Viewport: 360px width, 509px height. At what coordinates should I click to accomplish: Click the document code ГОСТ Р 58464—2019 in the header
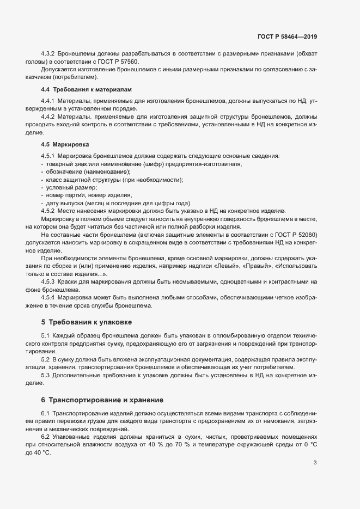point(287,37)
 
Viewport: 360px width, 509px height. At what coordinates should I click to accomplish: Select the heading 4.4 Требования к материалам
point(86,89)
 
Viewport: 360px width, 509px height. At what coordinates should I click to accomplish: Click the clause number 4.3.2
point(48,54)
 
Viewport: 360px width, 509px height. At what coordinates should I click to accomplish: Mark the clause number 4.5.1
point(48,156)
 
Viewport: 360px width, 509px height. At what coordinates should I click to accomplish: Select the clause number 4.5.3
point(48,282)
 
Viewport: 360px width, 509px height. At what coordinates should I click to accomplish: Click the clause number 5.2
point(45,360)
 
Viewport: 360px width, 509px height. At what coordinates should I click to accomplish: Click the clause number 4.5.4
point(48,298)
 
